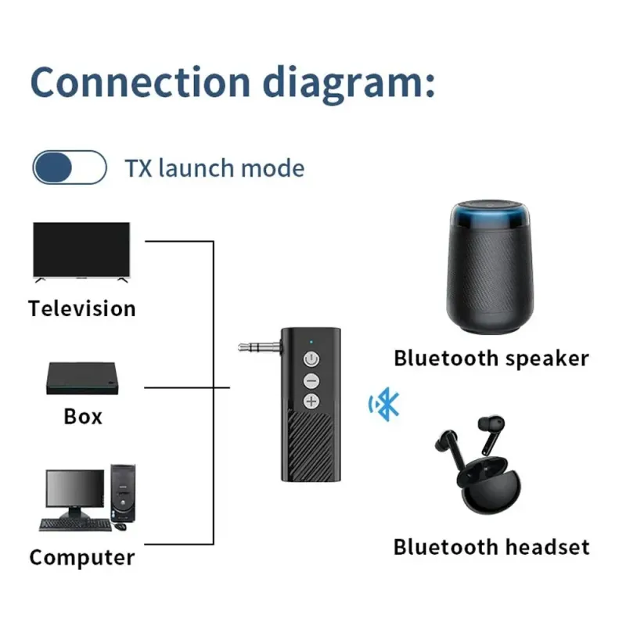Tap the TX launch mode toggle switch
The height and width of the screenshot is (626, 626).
pos(69,167)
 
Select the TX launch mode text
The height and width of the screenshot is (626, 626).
pos(214,168)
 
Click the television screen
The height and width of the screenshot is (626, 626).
pos(81,249)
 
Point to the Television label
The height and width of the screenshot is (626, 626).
pos(82,308)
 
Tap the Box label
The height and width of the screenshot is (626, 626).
pos(83,416)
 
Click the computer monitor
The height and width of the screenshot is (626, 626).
pos(75,492)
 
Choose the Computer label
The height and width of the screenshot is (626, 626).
pos(82,558)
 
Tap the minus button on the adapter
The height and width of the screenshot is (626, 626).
pos(311,381)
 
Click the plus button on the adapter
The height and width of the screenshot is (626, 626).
pos(311,401)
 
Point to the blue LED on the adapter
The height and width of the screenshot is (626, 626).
pos(311,340)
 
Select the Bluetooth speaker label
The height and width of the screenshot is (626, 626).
pos(491,359)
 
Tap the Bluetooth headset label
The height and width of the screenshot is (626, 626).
pos(491,547)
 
